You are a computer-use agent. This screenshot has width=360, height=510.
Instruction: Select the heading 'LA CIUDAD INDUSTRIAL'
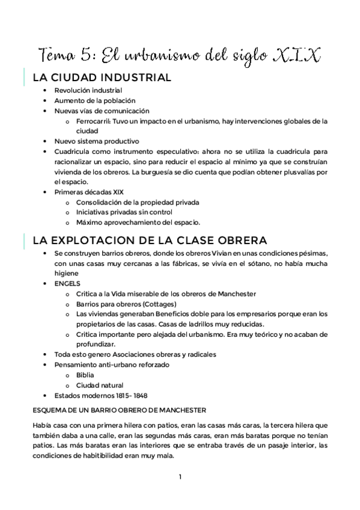[102, 78]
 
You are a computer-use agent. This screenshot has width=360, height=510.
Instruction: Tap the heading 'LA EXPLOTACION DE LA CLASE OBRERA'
[142, 240]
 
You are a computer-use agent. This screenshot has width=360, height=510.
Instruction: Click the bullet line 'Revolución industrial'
[88, 90]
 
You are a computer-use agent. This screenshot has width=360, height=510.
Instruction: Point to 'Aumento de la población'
[94, 100]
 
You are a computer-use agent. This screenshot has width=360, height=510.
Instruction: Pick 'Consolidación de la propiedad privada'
[138, 202]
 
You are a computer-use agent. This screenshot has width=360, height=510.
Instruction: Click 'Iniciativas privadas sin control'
[124, 212]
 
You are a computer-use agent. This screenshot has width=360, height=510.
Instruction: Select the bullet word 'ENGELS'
[67, 283]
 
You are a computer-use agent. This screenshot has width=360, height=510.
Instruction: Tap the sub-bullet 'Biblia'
[85, 375]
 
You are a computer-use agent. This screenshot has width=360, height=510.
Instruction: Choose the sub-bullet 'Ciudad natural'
[100, 385]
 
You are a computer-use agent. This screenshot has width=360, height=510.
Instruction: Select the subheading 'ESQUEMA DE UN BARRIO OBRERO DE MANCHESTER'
[120, 410]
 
